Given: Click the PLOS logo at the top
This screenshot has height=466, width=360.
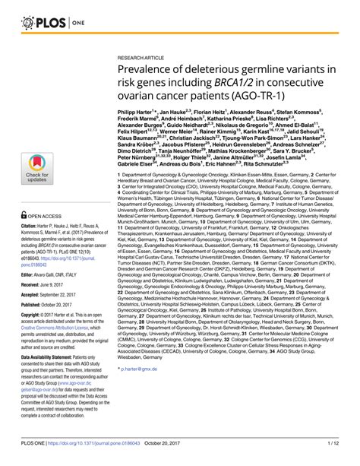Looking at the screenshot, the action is coord(32,14).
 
